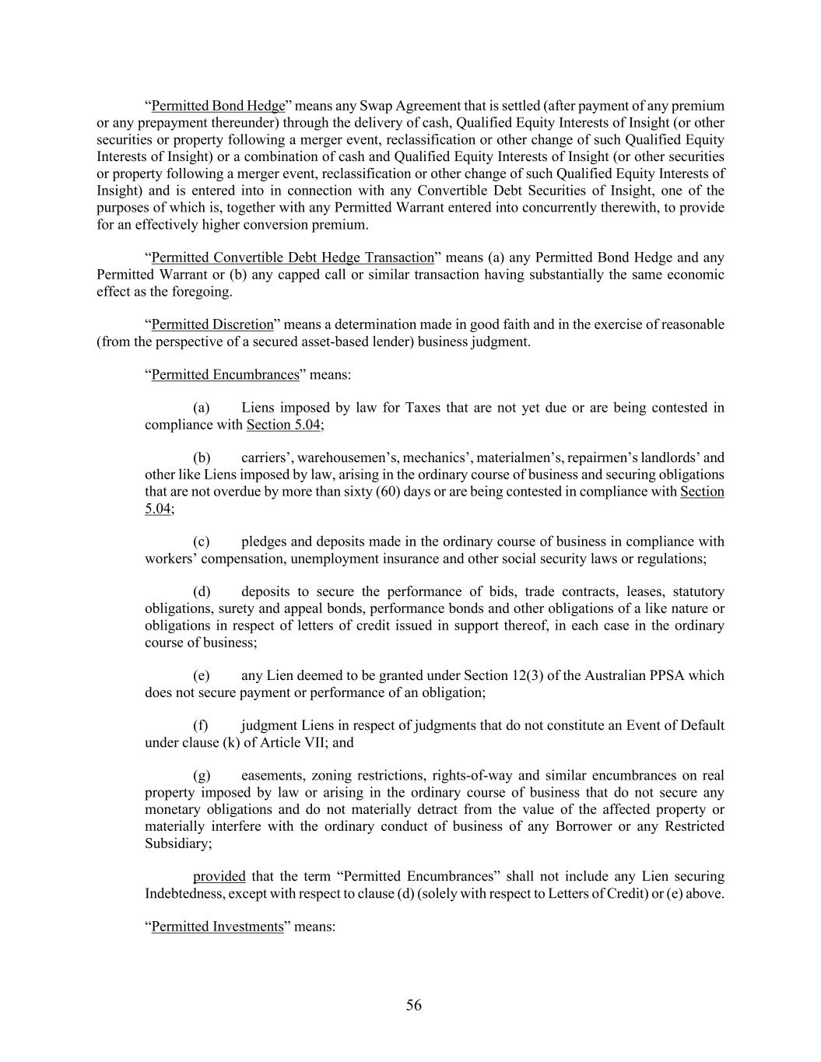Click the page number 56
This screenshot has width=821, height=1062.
click(x=413, y=1005)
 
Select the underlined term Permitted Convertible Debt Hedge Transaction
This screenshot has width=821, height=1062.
click(x=292, y=258)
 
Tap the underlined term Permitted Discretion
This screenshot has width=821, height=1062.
click(x=212, y=324)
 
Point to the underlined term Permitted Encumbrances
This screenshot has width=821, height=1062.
click(x=225, y=374)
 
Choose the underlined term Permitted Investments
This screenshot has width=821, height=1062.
click(x=217, y=927)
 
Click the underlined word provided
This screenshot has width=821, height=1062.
click(x=219, y=877)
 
